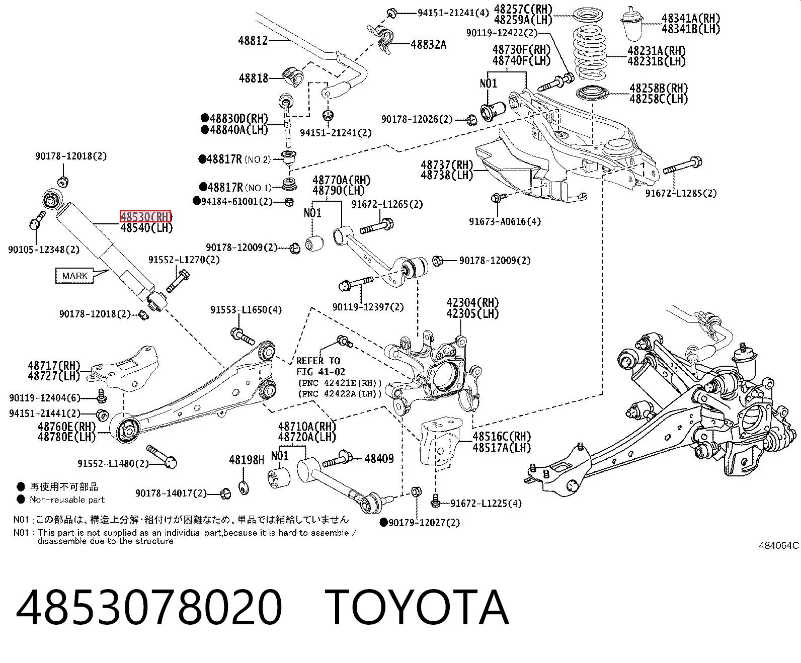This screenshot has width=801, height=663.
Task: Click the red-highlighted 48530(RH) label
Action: (x=145, y=217)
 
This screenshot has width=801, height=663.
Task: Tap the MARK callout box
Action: (x=74, y=276)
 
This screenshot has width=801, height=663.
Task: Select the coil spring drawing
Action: (x=590, y=52)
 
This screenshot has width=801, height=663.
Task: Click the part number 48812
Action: (x=253, y=41)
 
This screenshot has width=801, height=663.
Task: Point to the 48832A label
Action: (x=429, y=45)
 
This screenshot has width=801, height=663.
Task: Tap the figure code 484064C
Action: (x=779, y=545)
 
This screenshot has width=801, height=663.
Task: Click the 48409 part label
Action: (x=379, y=458)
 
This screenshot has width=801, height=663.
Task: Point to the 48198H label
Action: (x=247, y=460)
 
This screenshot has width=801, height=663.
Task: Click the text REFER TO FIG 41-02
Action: (x=321, y=366)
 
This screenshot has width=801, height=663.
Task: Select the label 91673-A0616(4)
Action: (x=505, y=221)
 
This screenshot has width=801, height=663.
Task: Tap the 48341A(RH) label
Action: (x=690, y=18)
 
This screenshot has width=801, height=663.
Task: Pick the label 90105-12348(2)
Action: (x=44, y=250)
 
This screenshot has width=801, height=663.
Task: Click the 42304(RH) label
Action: (x=472, y=303)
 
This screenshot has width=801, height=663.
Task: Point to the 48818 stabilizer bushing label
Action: (x=254, y=78)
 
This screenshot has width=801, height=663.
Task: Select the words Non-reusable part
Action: (x=67, y=500)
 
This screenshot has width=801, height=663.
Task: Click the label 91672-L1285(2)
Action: (x=681, y=193)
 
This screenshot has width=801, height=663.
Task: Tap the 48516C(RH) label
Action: (x=502, y=437)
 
